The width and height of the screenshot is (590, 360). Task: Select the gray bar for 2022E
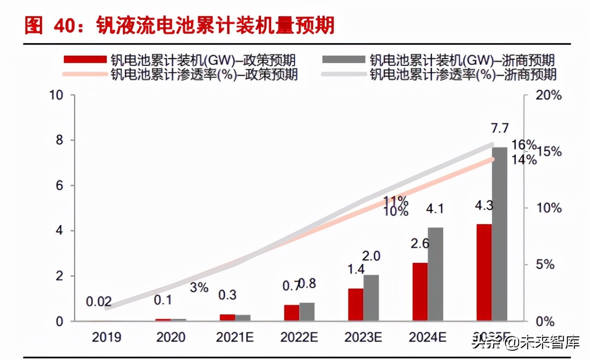pyautogui.click(x=307, y=312)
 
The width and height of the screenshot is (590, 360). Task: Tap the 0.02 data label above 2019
pyautogui.click(x=99, y=302)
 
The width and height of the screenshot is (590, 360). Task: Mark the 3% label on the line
pyautogui.click(x=199, y=288)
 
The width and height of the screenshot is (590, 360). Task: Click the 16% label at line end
pyautogui.click(x=524, y=145)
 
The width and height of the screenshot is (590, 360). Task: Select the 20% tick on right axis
pyautogui.click(x=549, y=96)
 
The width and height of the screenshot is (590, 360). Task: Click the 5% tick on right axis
pyautogui.click(x=545, y=265)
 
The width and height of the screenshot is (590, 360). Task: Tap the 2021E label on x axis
pyautogui.click(x=235, y=337)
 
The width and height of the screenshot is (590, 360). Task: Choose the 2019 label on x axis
pyautogui.click(x=106, y=337)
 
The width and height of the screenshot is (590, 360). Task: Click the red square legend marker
pyautogui.click(x=85, y=59)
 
